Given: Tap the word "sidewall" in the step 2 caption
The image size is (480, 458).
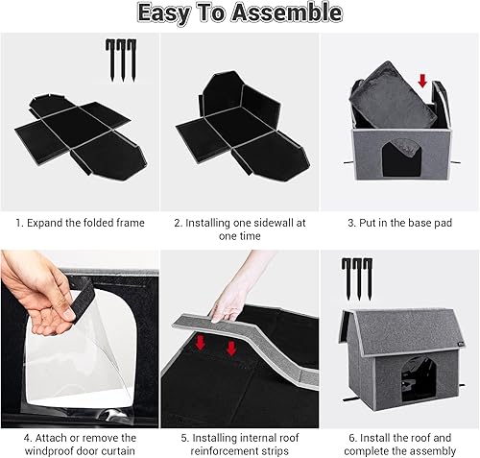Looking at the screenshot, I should (x=262, y=223).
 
